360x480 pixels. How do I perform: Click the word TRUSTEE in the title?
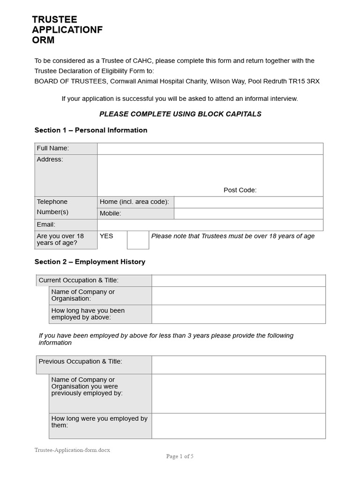tap(54, 20)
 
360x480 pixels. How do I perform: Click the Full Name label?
tap(53, 148)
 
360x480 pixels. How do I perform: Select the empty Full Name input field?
tap(210, 149)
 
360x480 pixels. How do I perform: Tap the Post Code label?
tap(240, 190)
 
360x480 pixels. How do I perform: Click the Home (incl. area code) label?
tap(134, 202)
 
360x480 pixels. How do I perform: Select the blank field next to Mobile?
tap(248, 213)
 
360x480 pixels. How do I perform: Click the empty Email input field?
tap(210, 225)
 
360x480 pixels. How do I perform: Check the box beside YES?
tap(138, 240)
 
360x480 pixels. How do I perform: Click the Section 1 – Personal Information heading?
tap(91, 130)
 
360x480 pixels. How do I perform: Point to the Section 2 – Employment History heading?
tap(90, 262)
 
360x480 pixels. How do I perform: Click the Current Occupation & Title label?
tap(78, 280)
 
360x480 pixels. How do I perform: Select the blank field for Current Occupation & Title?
tap(238, 280)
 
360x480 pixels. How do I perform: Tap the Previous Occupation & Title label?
tap(80, 361)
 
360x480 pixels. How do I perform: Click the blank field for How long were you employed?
tap(238, 426)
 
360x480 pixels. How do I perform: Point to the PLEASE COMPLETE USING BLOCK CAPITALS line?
tap(180, 114)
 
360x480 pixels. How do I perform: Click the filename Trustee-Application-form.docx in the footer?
tap(72, 450)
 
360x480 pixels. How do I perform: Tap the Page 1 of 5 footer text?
tap(180, 456)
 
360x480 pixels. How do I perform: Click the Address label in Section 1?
tap(50, 159)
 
